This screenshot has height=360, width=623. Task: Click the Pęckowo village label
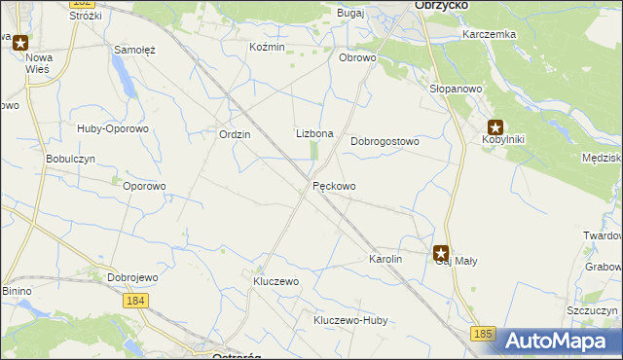(x=334, y=186)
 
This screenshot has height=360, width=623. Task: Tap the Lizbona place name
(x=314, y=134)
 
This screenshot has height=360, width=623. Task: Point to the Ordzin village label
(x=236, y=135)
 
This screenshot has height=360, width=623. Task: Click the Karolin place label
(x=385, y=260)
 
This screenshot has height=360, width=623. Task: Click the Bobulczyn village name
(x=70, y=159)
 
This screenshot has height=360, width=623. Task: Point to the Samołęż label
(x=135, y=50)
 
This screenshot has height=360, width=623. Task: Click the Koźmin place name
(x=267, y=47)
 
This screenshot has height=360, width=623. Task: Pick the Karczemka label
(x=490, y=34)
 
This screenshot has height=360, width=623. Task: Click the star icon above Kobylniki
(x=495, y=126)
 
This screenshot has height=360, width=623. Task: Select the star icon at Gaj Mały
(x=441, y=252)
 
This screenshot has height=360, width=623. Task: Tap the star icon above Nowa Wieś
(x=20, y=43)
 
